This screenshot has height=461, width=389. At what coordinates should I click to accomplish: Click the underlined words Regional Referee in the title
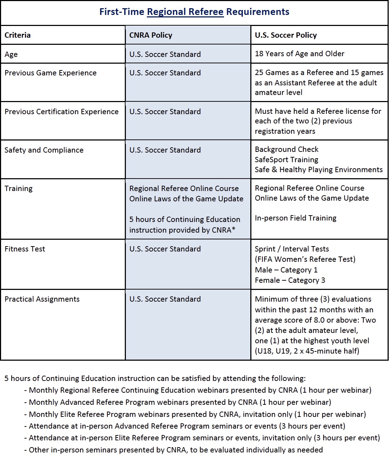pos(185,12)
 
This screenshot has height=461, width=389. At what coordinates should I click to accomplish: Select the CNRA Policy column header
pos(151,35)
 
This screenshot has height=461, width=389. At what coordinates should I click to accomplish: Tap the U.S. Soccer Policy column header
pos(286,35)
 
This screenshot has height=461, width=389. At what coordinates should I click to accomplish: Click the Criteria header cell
pos(17,35)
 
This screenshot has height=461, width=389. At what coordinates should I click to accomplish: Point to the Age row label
pos(11,54)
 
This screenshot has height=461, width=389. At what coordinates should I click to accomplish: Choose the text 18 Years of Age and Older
pos(299,54)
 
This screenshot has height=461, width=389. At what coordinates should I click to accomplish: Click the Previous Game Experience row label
pos(50,73)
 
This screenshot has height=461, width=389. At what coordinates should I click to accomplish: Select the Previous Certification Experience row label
pos(62,112)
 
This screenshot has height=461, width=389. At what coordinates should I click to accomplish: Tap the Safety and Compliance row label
pos(44,150)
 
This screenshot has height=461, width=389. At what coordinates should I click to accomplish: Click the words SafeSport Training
pos(286,160)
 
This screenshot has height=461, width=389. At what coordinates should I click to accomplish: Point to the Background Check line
pos(286,149)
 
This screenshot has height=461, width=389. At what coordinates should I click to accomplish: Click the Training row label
pos(18,189)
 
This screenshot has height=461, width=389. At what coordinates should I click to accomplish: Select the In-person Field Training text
pos(295,218)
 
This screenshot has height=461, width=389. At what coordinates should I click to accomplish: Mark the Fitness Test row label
pos(25,249)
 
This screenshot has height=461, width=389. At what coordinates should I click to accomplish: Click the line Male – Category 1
pos(286,270)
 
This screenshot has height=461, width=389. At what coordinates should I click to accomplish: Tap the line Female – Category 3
pos(290,280)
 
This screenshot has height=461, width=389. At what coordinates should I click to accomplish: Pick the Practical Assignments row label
pos(42,299)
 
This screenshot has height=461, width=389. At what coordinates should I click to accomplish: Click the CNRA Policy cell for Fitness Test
pos(165,249)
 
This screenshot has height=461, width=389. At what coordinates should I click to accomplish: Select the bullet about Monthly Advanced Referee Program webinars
pos(180,402)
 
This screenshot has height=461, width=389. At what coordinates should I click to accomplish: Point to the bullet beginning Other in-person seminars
pos(176,450)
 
